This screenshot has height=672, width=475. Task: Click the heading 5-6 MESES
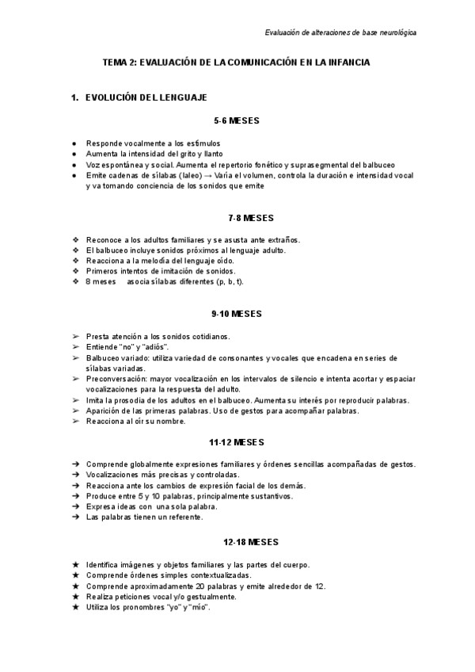237,121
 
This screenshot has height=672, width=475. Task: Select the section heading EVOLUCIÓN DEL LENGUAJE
146,97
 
